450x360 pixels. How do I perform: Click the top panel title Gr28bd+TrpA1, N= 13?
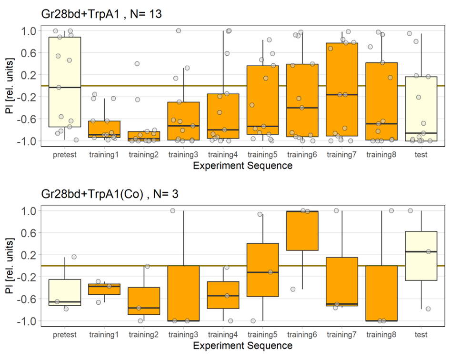point(101,14)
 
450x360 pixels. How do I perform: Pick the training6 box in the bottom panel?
point(302,230)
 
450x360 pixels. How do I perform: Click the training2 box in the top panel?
point(144,136)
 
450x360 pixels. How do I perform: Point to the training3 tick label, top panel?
point(183,155)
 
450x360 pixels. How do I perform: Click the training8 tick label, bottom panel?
point(381,335)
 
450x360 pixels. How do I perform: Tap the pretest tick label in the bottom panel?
point(65,335)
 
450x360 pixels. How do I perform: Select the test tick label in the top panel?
point(421,155)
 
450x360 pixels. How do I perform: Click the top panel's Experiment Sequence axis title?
point(242,166)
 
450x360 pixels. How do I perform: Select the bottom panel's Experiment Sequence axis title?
point(242,346)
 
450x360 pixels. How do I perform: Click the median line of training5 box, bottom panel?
point(262,272)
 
